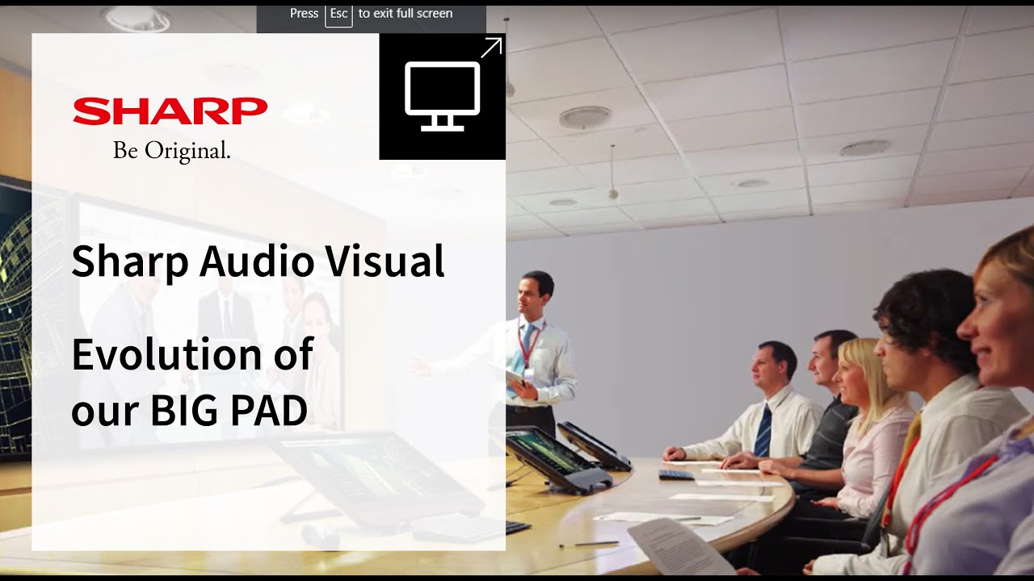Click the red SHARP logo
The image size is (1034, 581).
tap(170, 111)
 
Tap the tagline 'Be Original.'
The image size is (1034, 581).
tap(172, 150)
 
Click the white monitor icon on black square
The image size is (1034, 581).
tap(442, 96)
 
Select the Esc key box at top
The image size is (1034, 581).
tap(338, 14)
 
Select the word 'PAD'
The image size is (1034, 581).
tap(269, 411)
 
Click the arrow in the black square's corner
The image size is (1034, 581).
tap(491, 48)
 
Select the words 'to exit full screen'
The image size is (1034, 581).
tap(406, 14)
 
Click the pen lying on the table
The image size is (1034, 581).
tap(589, 545)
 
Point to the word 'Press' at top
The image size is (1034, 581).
tap(304, 14)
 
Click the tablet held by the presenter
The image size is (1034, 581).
tap(515, 375)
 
